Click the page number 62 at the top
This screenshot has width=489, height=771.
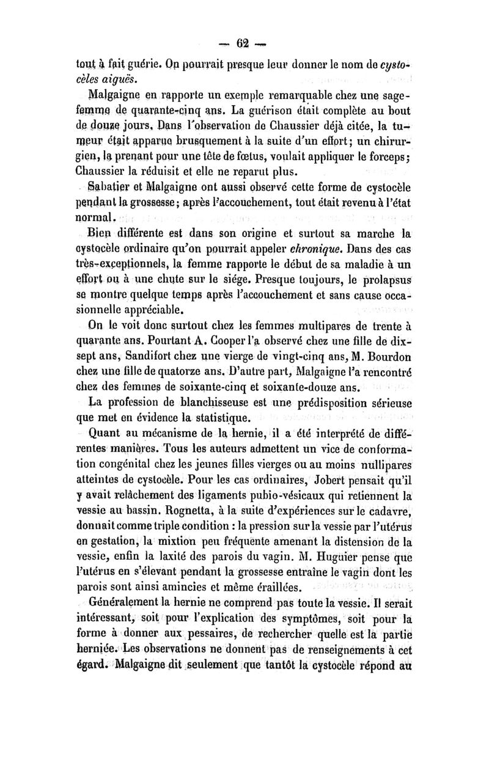coord(244,43)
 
